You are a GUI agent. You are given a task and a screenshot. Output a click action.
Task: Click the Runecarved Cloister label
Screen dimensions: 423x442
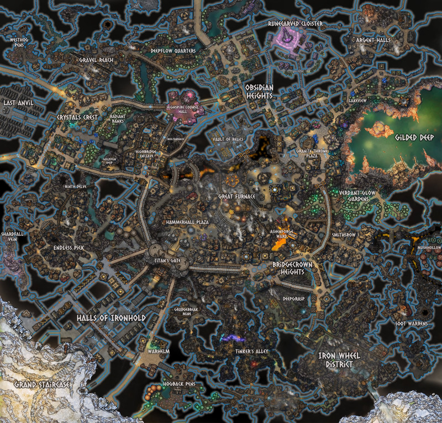tap(296, 24)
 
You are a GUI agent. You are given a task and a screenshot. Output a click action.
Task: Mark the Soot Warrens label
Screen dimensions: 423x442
tap(412, 324)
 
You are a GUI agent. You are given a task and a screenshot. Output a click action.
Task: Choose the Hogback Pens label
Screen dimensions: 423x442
tap(176, 383)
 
